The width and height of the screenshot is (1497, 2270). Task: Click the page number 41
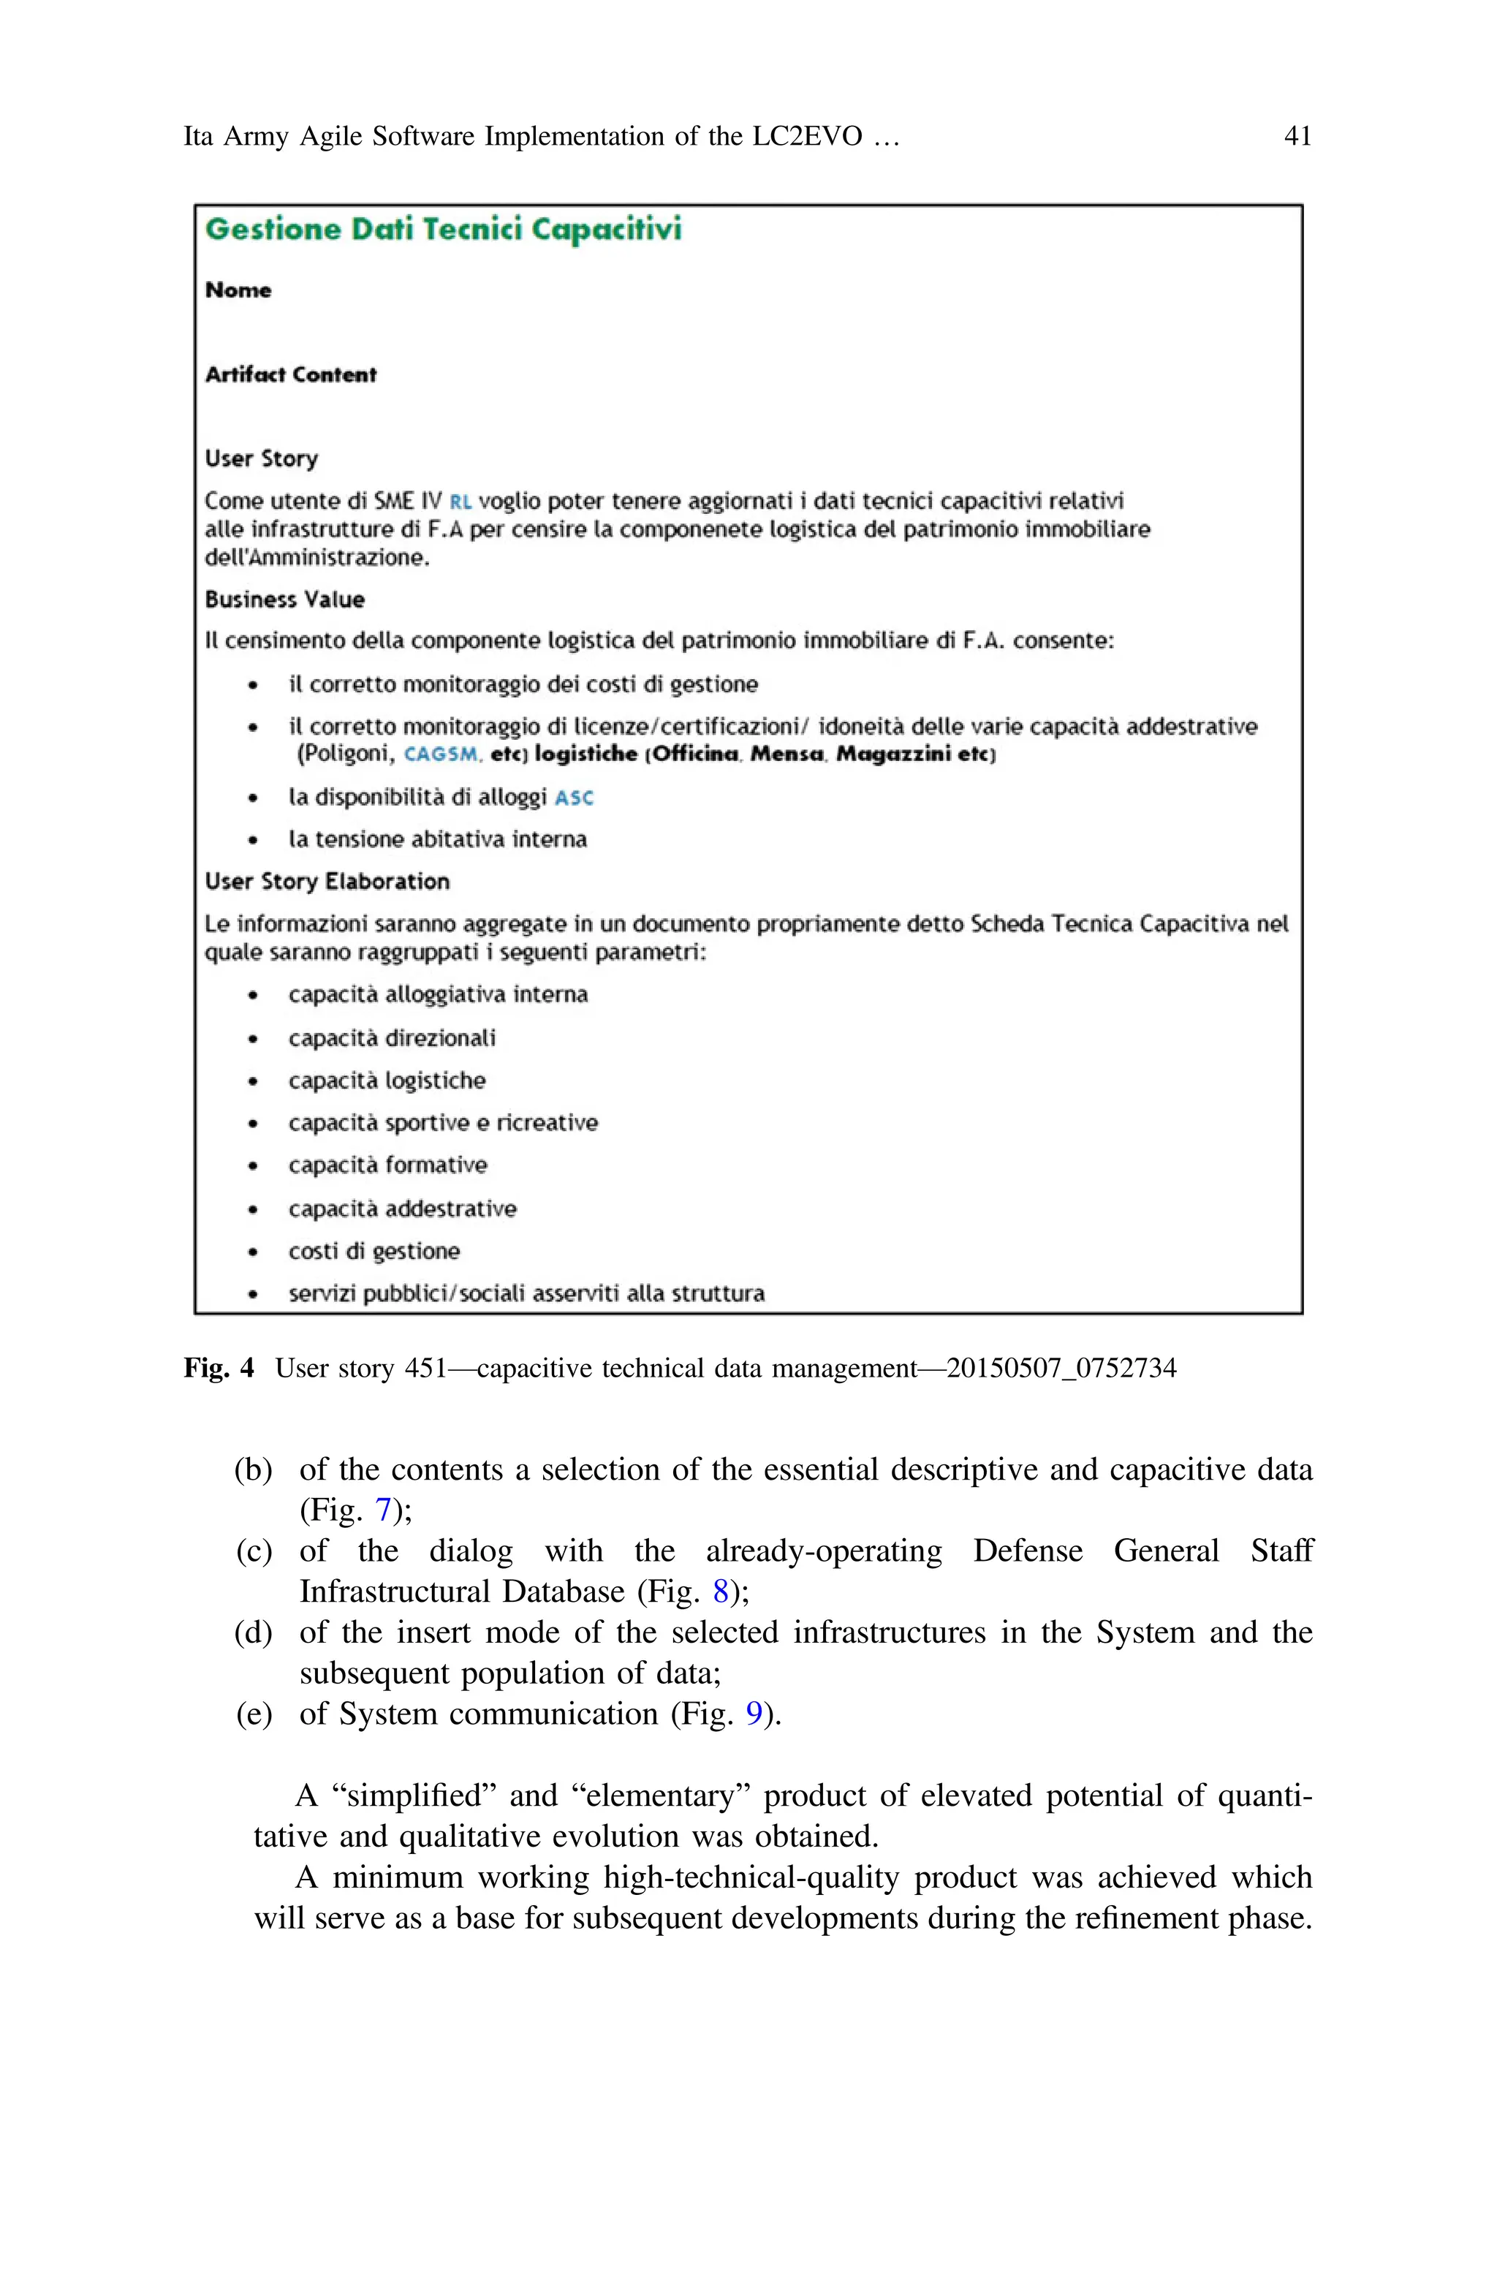[1297, 137]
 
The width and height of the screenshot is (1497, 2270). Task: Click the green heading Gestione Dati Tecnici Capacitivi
[443, 230]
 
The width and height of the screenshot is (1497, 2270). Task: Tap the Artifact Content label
[290, 374]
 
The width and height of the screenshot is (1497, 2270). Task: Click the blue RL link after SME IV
[461, 502]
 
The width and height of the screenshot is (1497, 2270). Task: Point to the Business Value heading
[284, 599]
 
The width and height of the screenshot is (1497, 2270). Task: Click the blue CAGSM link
[441, 754]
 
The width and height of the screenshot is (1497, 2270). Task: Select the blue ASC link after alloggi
[574, 798]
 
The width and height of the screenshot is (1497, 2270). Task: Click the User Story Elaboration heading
[327, 881]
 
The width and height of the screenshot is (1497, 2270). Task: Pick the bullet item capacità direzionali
[392, 1037]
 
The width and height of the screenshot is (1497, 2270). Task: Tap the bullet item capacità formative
[387, 1165]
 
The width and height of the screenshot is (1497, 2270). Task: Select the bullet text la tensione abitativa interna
[437, 839]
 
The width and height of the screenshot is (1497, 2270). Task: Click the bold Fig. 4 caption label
[219, 1368]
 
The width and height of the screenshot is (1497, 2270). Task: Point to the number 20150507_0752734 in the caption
[1061, 1368]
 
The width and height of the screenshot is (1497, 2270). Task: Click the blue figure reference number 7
[383, 1510]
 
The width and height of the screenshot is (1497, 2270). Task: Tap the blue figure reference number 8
[721, 1592]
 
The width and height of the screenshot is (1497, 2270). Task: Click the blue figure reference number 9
[754, 1714]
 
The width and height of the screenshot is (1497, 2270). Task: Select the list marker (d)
[253, 1632]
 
